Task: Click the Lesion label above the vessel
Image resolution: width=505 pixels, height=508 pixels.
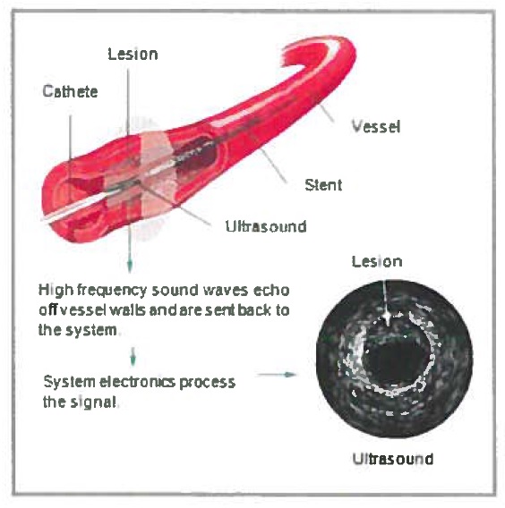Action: (133, 54)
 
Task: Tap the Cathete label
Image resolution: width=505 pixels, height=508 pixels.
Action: (70, 91)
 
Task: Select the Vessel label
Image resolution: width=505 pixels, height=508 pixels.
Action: (376, 126)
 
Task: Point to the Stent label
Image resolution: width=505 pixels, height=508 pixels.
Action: (323, 185)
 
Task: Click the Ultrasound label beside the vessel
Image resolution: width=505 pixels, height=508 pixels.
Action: (266, 226)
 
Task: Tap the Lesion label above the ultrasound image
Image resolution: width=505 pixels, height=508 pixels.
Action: (377, 261)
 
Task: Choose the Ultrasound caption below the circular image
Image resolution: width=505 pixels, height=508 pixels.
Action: (393, 459)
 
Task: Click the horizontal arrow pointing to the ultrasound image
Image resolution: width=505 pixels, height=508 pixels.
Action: (277, 375)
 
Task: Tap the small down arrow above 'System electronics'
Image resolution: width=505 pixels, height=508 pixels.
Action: (133, 356)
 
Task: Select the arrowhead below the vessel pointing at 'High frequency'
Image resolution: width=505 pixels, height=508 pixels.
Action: (130, 267)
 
